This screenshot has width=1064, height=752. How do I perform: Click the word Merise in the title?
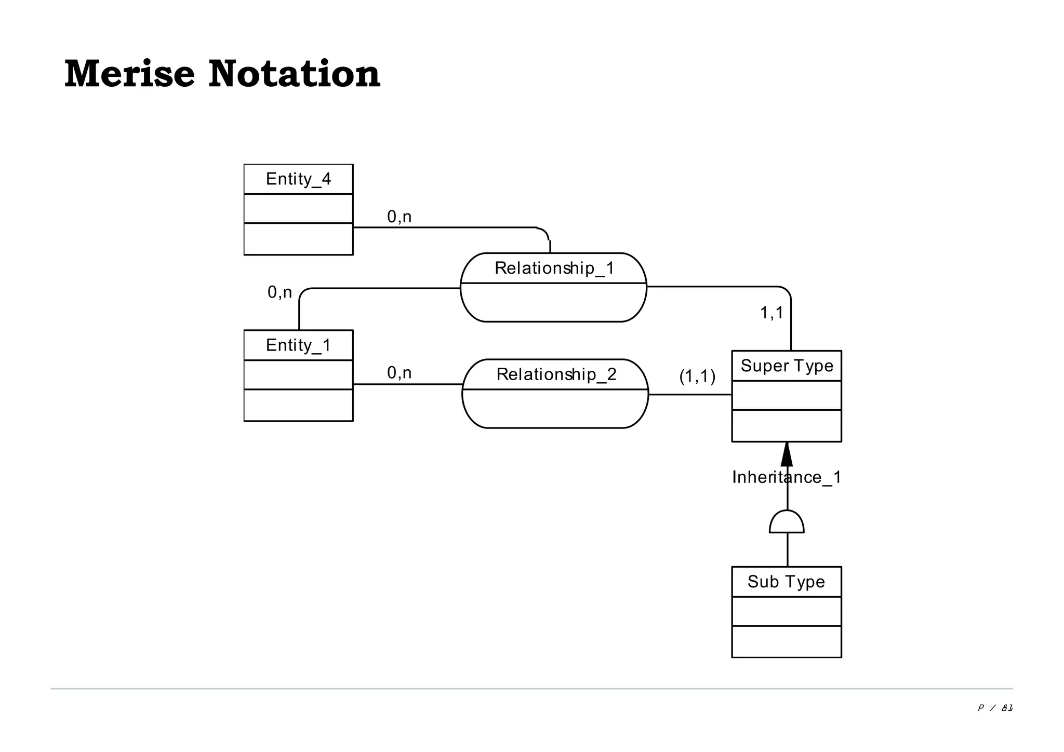129,74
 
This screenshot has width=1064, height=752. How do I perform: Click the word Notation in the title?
294,74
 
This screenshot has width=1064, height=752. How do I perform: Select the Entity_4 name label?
298,179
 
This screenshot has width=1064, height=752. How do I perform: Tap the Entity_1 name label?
298,345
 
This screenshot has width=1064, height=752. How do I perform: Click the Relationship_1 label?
554,268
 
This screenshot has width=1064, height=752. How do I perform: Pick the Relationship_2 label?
556,374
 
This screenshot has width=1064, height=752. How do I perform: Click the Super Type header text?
787,366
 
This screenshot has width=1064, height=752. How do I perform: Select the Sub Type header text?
786,582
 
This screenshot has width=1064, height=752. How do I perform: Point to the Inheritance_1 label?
787,477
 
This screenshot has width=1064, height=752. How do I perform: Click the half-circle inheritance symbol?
787,523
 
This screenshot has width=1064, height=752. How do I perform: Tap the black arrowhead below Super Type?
787,455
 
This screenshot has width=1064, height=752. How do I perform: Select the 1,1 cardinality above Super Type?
772,313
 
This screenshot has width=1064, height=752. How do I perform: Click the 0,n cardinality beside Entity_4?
399,217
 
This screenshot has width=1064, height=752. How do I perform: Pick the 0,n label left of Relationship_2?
399,373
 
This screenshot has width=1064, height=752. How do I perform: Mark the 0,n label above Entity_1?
280,292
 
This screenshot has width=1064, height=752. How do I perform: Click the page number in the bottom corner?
995,708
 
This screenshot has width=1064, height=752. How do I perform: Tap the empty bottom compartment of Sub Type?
786,641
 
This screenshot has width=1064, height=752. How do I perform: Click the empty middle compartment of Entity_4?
298,208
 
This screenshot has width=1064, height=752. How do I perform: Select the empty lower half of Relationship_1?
553,302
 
